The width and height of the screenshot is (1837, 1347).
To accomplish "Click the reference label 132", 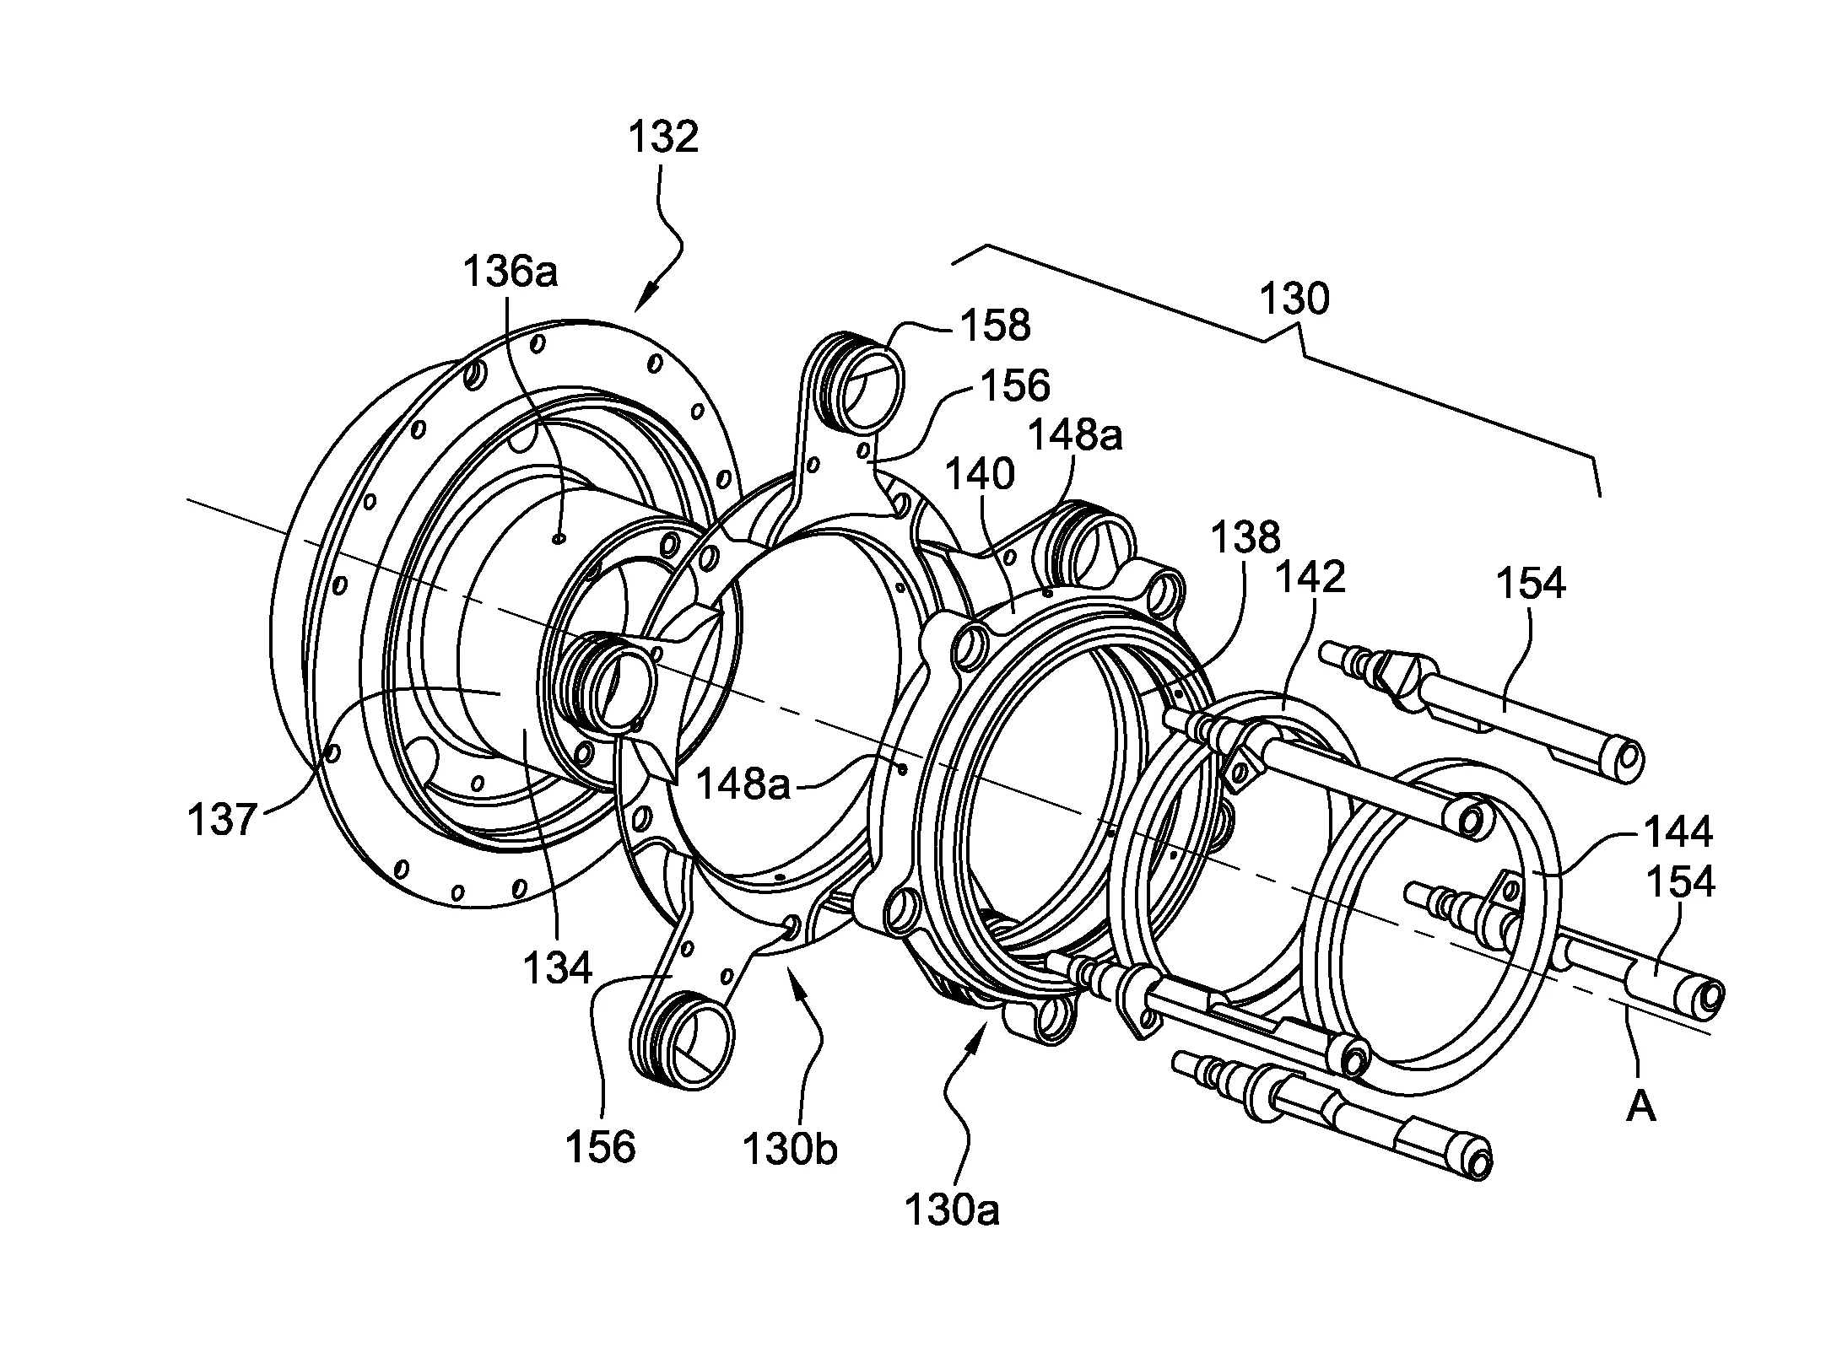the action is (x=663, y=137).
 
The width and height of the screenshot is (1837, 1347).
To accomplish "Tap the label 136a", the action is (x=511, y=272).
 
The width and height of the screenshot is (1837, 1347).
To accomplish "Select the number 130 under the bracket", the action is (x=1294, y=299).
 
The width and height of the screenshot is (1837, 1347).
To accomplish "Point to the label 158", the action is (x=996, y=325).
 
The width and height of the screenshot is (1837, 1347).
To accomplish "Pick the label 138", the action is (x=1245, y=537).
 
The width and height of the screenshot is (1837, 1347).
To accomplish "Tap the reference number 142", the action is (x=1310, y=577).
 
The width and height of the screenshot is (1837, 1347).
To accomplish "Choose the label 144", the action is (x=1676, y=832).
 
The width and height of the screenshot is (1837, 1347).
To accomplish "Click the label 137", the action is (x=222, y=819).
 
